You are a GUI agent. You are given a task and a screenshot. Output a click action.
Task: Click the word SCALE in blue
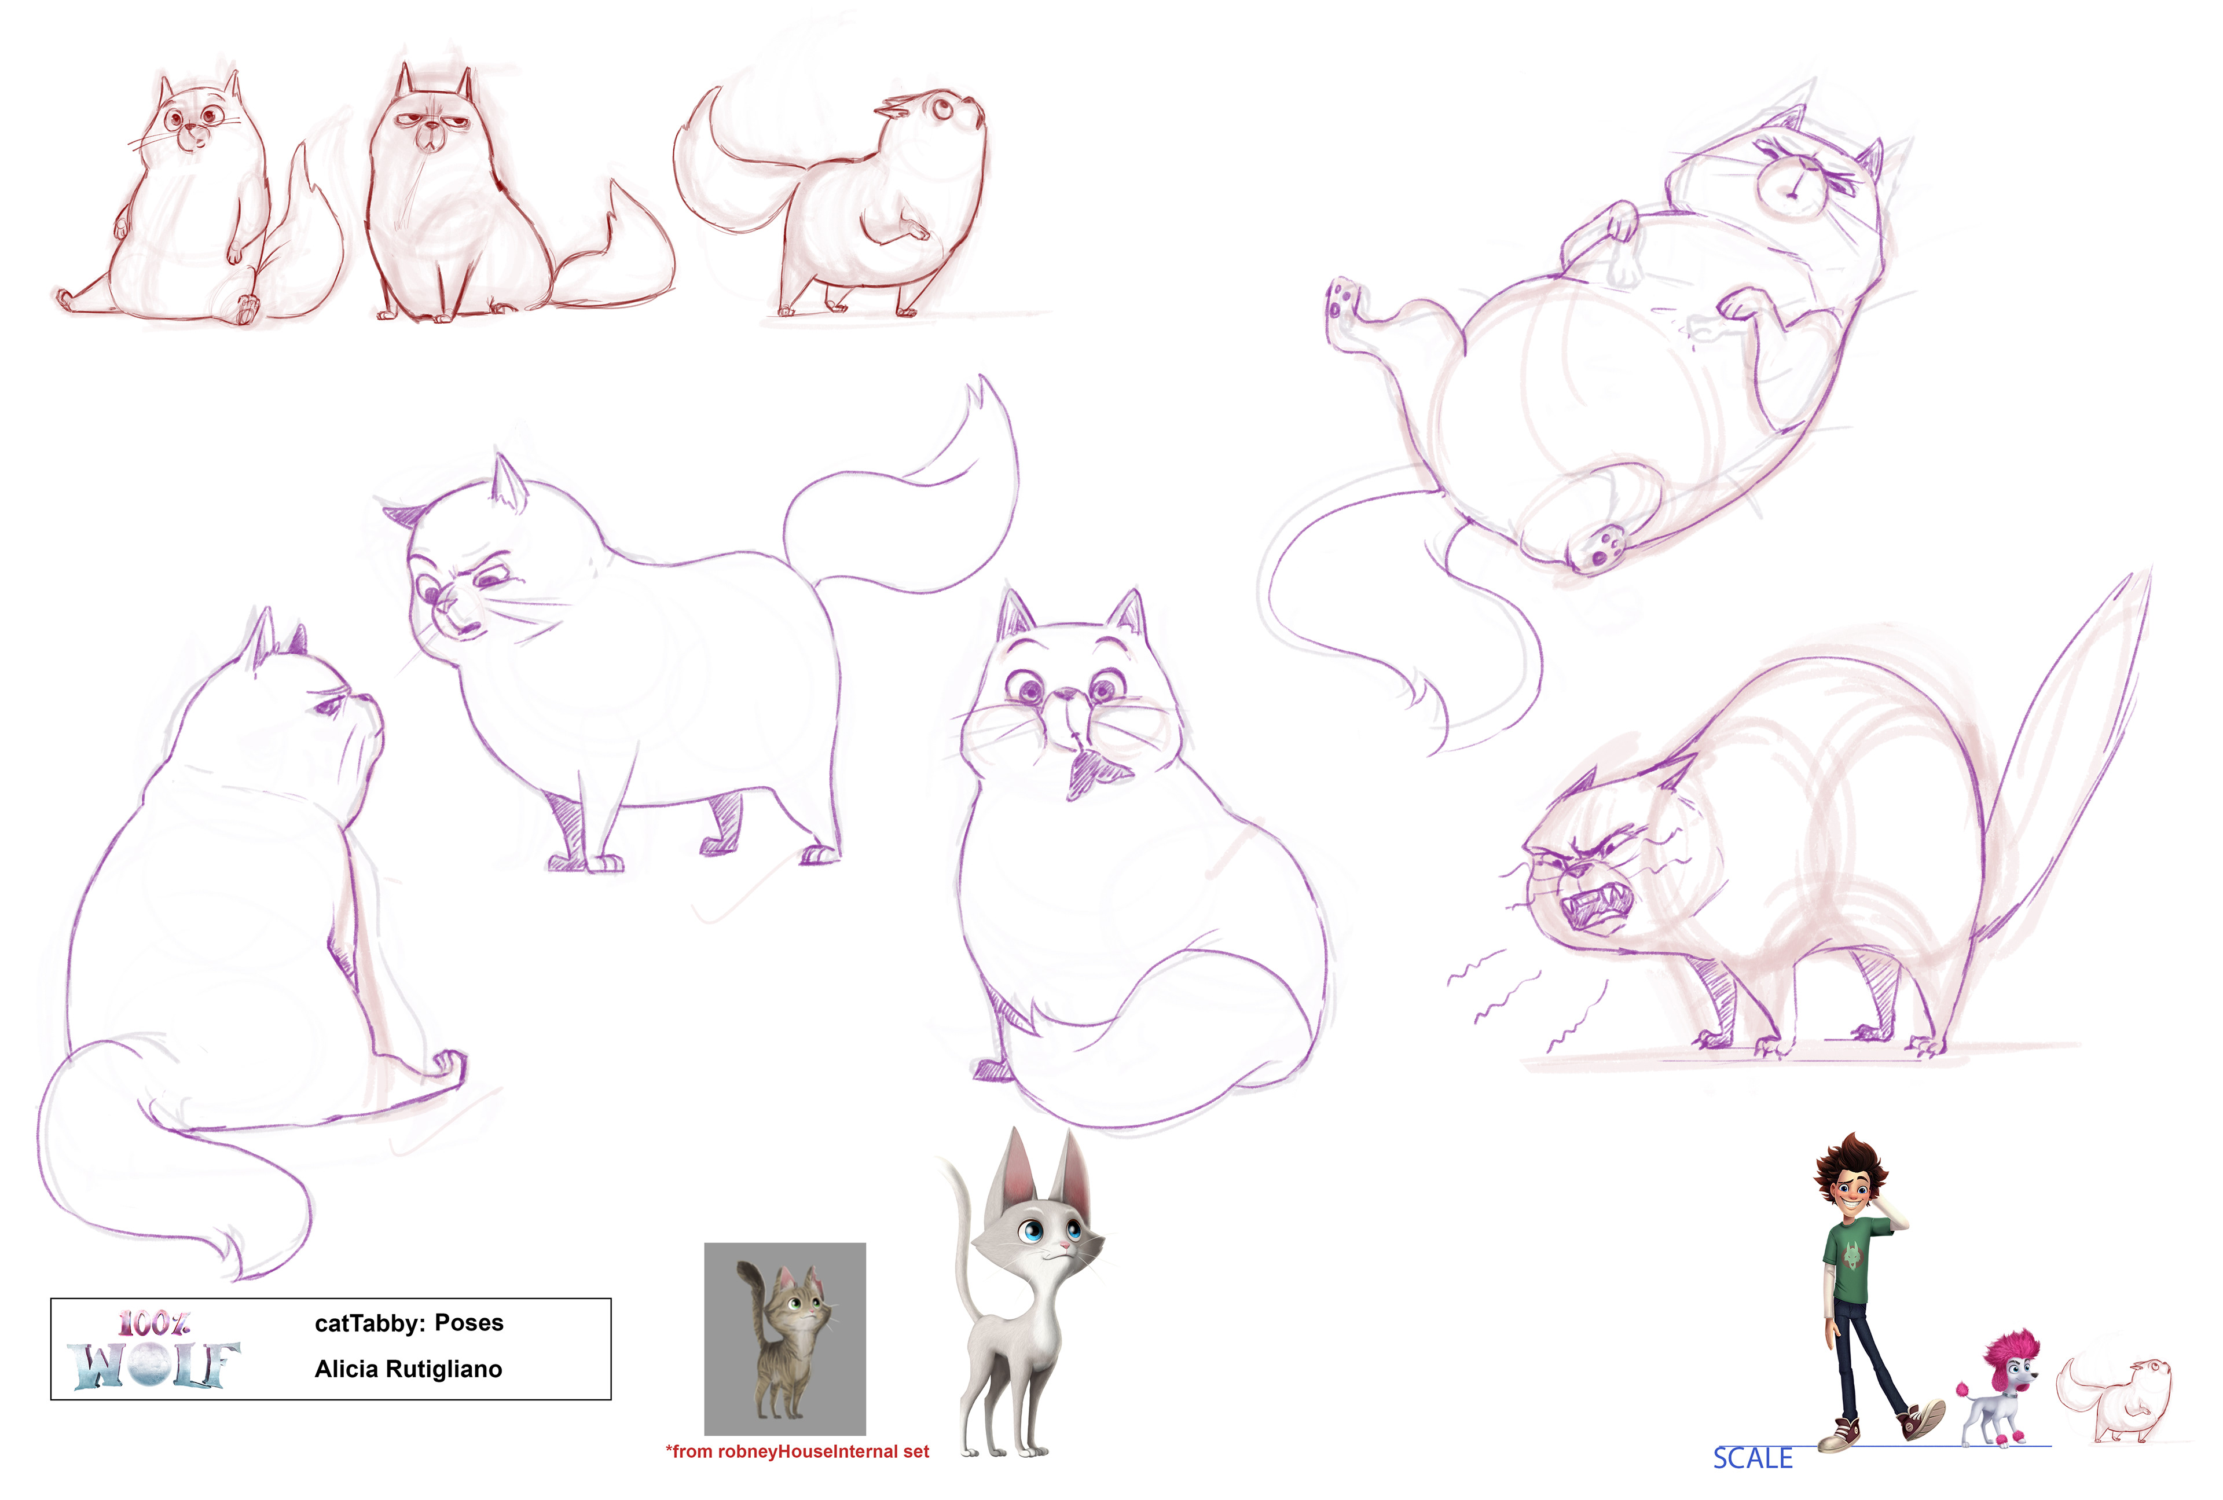coord(1752,1458)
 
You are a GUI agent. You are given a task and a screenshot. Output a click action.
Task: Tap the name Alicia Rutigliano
coord(409,1369)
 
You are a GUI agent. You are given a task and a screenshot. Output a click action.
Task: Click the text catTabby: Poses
coord(409,1323)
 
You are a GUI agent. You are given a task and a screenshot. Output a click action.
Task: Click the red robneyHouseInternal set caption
coord(797,1451)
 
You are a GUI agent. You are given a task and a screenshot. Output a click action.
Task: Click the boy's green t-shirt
coord(1854,1265)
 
